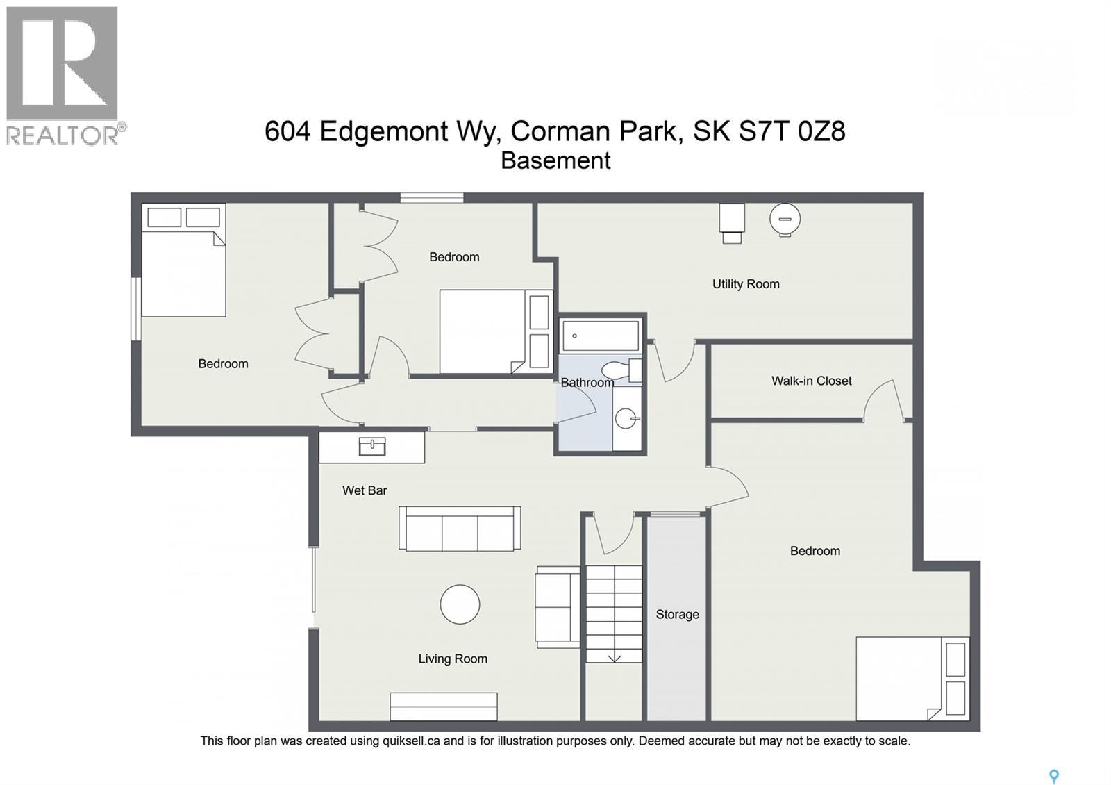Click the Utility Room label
click(x=746, y=283)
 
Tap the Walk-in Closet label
click(x=811, y=381)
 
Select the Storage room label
click(x=677, y=614)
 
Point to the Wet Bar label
click(x=365, y=490)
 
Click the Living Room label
click(x=453, y=659)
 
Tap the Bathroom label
click(x=587, y=383)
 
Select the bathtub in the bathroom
click(x=601, y=336)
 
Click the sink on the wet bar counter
click(x=372, y=446)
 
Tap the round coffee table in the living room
click(x=460, y=604)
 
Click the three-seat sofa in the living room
click(x=460, y=529)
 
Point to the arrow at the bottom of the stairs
click(x=615, y=657)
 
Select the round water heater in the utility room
click(x=785, y=220)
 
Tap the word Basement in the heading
click(x=555, y=160)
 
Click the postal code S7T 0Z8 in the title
click(x=792, y=131)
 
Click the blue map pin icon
click(x=1053, y=776)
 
